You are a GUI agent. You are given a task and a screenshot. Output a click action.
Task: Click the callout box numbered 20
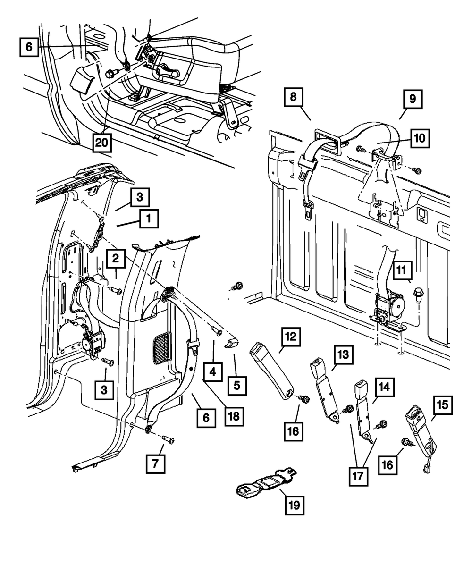101,141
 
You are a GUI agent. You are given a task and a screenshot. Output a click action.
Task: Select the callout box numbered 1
149,219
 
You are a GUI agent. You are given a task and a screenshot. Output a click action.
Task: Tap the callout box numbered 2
116,258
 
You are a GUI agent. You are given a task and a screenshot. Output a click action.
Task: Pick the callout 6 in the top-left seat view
29,48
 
